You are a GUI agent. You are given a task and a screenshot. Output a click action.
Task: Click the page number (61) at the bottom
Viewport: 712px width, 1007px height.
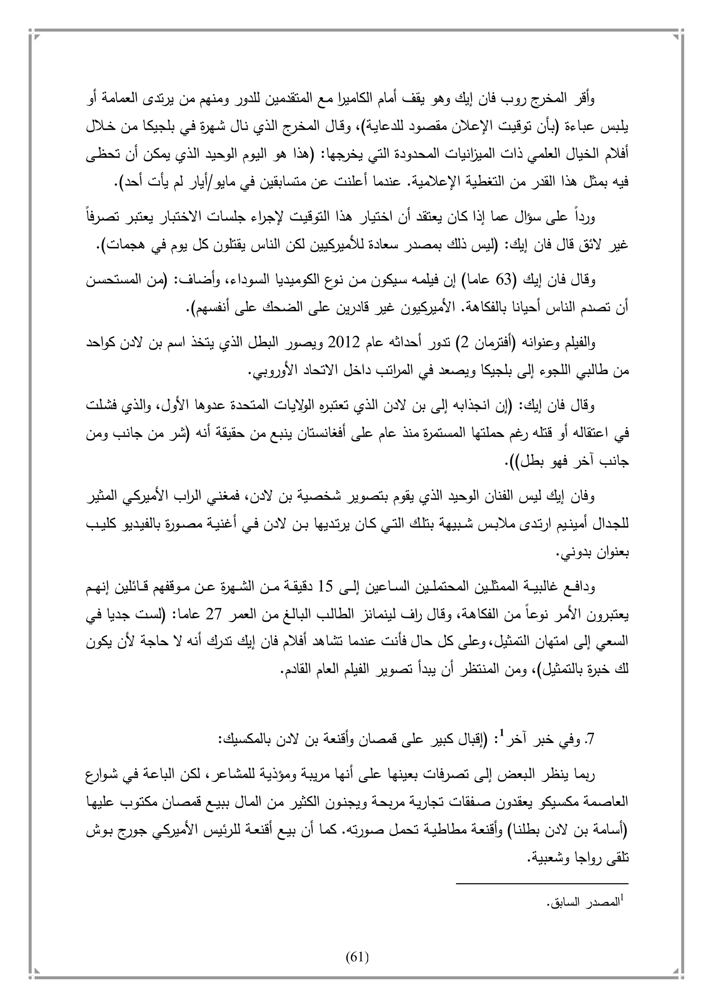tap(357, 957)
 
